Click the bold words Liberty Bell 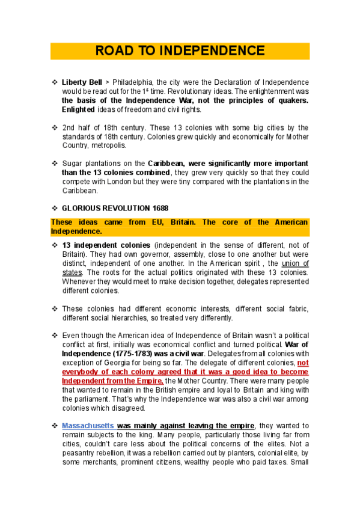tap(81, 82)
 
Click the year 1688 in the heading tap(156, 208)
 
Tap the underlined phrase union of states tap(294, 268)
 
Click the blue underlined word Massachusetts tap(88, 425)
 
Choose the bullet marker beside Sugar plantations tap(54, 164)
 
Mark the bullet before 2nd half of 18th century tap(54, 127)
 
